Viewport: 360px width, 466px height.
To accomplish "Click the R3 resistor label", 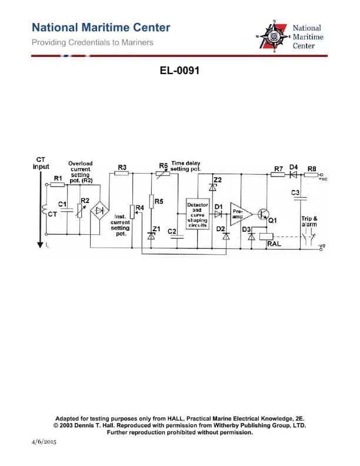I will click(x=122, y=168).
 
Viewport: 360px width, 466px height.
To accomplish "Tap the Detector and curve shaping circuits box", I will click(x=197, y=215).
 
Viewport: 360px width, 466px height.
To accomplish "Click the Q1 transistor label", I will click(x=272, y=221).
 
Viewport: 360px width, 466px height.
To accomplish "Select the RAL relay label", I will click(x=274, y=242).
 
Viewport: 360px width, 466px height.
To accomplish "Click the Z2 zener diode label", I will click(x=218, y=179).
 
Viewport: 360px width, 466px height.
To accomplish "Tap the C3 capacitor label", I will click(x=295, y=193).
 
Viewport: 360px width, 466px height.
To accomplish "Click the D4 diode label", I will click(x=294, y=168).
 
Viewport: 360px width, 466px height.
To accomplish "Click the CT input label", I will click(x=41, y=163).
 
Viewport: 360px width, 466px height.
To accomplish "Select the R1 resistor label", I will click(x=58, y=177).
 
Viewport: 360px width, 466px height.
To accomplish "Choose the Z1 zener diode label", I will click(x=156, y=228).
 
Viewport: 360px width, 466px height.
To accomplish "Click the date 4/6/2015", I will click(x=42, y=441).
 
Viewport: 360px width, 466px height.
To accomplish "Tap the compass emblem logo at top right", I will click(x=274, y=36).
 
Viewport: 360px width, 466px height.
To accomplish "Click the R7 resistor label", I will click(x=279, y=168).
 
